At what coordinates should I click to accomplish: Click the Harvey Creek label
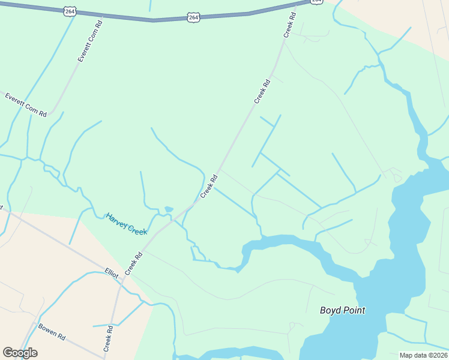(x=126, y=224)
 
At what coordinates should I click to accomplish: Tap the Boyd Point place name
(x=342, y=310)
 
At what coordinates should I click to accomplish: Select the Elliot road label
(x=112, y=273)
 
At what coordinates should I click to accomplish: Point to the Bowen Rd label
(x=52, y=332)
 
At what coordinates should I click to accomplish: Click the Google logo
(x=20, y=353)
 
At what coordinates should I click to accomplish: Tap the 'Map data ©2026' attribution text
(x=423, y=355)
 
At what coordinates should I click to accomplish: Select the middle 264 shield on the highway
(x=193, y=17)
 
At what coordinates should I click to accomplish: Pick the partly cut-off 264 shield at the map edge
(x=316, y=2)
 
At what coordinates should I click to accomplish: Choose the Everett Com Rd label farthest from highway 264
(x=26, y=105)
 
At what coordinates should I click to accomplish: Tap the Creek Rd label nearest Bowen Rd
(x=109, y=339)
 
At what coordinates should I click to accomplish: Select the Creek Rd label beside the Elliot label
(x=133, y=264)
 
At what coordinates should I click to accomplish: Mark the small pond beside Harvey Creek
(x=169, y=209)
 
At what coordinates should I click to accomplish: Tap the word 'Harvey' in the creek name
(x=116, y=219)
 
